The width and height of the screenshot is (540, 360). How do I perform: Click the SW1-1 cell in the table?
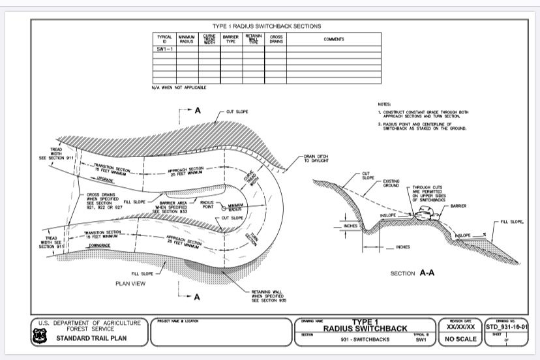click(164, 49)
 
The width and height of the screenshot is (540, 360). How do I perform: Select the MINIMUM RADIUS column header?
click(187, 39)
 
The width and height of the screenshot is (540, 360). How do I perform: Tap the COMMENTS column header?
click(333, 39)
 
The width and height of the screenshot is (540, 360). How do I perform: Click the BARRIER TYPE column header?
click(230, 39)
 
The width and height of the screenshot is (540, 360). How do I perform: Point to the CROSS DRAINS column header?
click(275, 39)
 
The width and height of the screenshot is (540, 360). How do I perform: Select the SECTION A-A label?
click(412, 273)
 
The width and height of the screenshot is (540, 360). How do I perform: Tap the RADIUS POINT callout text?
click(206, 204)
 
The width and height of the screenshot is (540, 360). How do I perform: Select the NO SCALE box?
click(461, 339)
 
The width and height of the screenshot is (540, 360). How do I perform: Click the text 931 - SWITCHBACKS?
click(363, 340)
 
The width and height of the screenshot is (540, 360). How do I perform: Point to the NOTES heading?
click(384, 104)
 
